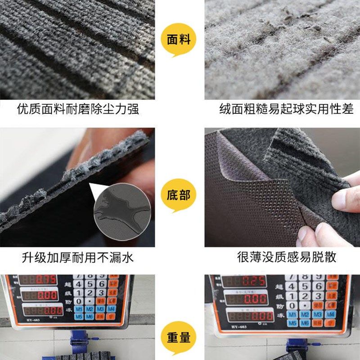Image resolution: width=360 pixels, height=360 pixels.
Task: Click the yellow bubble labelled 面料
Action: [x=179, y=40]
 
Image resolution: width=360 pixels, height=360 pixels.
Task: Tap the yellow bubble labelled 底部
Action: [x=179, y=195]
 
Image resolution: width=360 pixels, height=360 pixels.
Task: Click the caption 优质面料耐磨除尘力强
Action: [x=78, y=109]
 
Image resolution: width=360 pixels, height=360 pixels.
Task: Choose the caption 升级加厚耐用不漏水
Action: [x=78, y=257]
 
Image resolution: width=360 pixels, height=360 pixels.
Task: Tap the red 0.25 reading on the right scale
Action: [x=253, y=282]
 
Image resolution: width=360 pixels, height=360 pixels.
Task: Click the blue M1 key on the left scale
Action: [x=79, y=309]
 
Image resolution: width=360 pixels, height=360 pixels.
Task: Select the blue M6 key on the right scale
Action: [x=306, y=323]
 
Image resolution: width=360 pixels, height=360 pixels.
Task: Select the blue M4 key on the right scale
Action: [x=333, y=314]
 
